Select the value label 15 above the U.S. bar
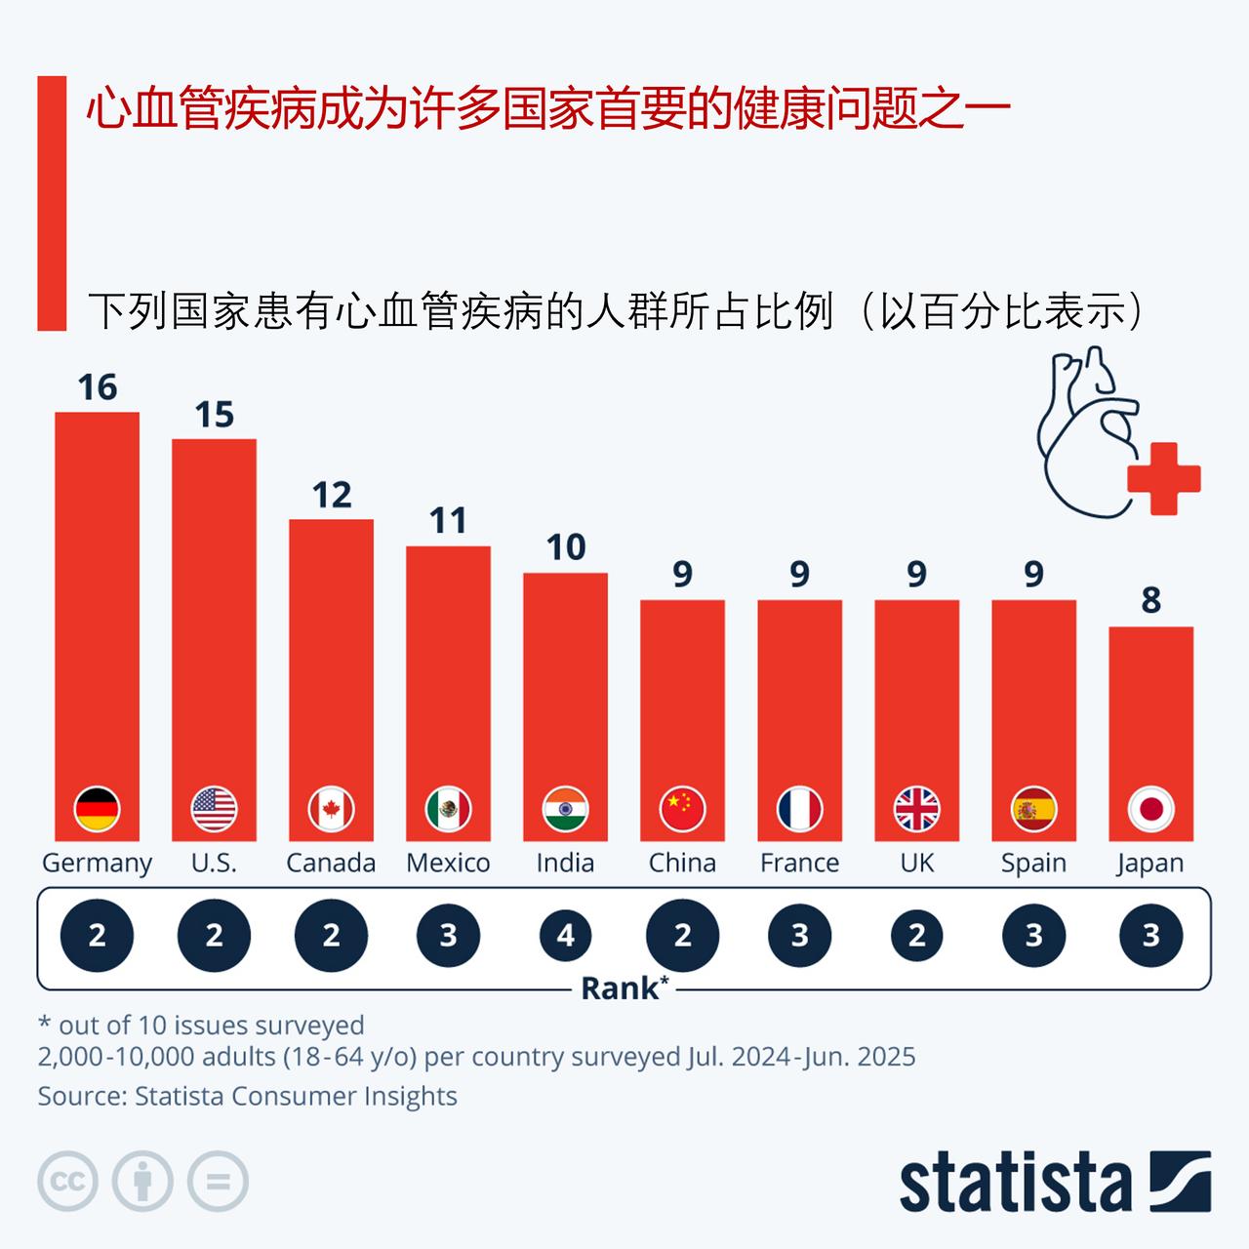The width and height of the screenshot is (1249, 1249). (x=214, y=415)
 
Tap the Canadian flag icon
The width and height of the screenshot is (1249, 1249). (x=331, y=809)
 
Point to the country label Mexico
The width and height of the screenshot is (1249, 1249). (x=448, y=863)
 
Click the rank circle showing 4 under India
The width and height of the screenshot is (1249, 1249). (x=565, y=936)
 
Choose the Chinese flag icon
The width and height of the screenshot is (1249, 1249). (x=682, y=809)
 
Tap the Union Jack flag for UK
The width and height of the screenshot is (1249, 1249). (x=916, y=809)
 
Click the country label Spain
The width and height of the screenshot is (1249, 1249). (x=1033, y=863)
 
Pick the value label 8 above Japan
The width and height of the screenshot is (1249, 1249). (x=1150, y=600)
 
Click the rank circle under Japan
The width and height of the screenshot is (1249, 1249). (x=1150, y=936)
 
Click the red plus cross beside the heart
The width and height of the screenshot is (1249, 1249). (x=1163, y=478)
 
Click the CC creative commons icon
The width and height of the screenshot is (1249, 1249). (x=67, y=1182)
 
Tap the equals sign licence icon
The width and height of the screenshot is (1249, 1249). (x=218, y=1182)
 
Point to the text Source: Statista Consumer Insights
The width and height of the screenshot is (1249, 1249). (x=247, y=1096)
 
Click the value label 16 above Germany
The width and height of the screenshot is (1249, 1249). (x=97, y=387)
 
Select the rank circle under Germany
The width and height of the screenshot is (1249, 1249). (x=97, y=936)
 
